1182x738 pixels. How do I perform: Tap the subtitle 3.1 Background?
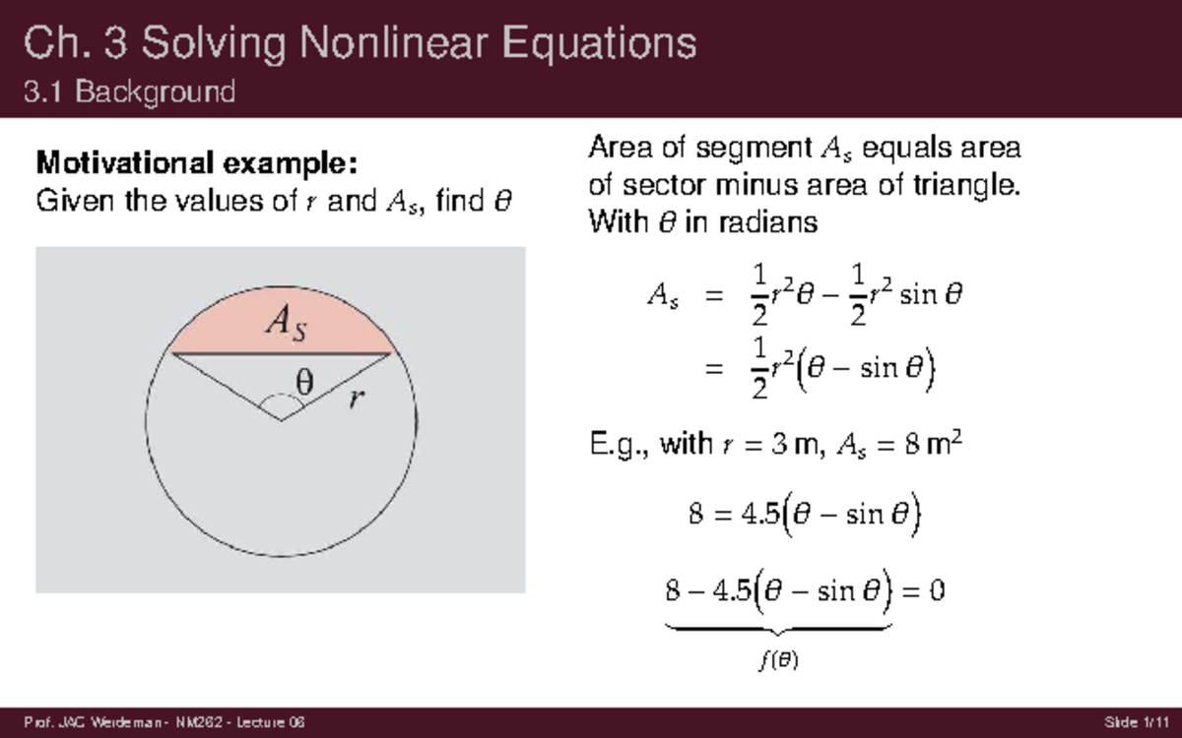pos(129,92)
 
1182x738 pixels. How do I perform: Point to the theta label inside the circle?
pos(305,381)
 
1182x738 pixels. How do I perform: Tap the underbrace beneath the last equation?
pos(778,628)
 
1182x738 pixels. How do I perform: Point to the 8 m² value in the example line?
pos(926,445)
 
